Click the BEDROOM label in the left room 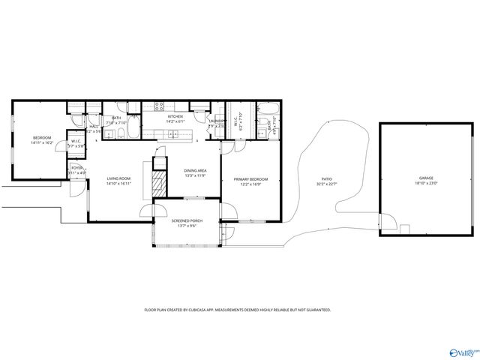pyautogui.click(x=41, y=137)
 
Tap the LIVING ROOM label pyautogui.click(x=118, y=178)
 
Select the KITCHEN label pyautogui.click(x=175, y=117)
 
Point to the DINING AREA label pyautogui.click(x=196, y=171)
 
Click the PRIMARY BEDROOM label pyautogui.click(x=250, y=178)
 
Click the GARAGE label pyautogui.click(x=426, y=178)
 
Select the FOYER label pyautogui.click(x=77, y=168)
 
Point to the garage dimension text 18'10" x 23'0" pyautogui.click(x=426, y=184)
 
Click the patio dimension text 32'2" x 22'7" pyautogui.click(x=327, y=184)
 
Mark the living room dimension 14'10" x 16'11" pyautogui.click(x=118, y=183)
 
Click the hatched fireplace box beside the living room pyautogui.click(x=158, y=184)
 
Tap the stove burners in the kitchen pyautogui.click(x=159, y=106)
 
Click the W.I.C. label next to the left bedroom pyautogui.click(x=76, y=141)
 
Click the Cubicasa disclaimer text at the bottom pyautogui.click(x=237, y=310)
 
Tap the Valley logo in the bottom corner pyautogui.click(x=463, y=352)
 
